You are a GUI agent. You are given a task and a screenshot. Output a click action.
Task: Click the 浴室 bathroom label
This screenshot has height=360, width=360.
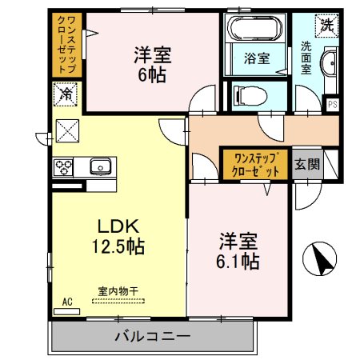[x=256, y=58]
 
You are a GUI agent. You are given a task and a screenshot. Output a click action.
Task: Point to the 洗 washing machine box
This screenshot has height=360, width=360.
[x=327, y=24]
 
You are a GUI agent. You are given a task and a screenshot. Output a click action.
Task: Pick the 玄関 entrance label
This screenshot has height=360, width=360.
[x=306, y=165]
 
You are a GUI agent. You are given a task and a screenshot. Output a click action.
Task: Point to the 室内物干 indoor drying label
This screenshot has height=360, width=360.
[x=117, y=291]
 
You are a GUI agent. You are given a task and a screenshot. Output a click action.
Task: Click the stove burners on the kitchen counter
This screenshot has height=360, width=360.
[x=63, y=166]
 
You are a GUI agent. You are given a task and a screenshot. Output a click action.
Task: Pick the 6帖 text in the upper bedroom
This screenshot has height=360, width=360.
[x=151, y=75]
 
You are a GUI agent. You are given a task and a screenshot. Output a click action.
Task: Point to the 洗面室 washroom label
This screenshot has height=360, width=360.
[x=306, y=58]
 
